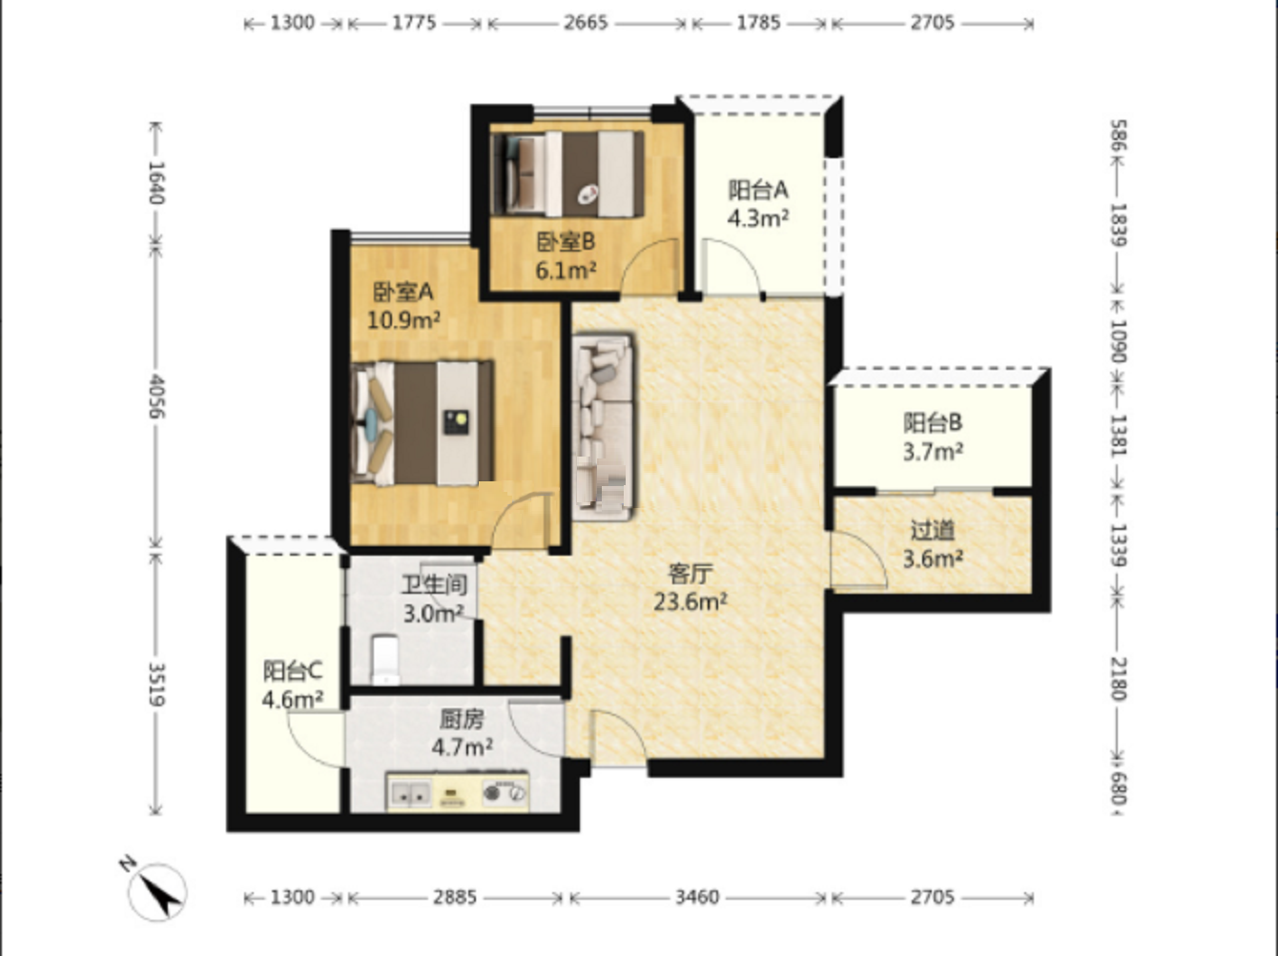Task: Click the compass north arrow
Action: (x=157, y=891)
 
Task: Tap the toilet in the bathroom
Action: (x=385, y=661)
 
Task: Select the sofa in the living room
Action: (x=604, y=426)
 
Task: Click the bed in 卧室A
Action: (x=423, y=423)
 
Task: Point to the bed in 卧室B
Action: (x=568, y=174)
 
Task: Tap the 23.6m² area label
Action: (x=690, y=601)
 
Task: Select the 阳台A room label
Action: (x=758, y=190)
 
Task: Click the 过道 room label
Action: (x=932, y=530)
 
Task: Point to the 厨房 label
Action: (x=462, y=720)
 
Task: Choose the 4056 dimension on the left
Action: (x=156, y=397)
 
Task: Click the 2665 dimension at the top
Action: (x=586, y=23)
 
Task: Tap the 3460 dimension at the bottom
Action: (x=697, y=897)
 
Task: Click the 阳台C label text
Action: (x=292, y=671)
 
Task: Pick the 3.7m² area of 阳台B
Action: (x=933, y=452)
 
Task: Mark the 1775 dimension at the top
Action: (x=414, y=23)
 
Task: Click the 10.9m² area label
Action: (x=403, y=320)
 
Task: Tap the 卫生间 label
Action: (x=434, y=585)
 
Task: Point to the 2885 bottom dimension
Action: (x=455, y=897)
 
